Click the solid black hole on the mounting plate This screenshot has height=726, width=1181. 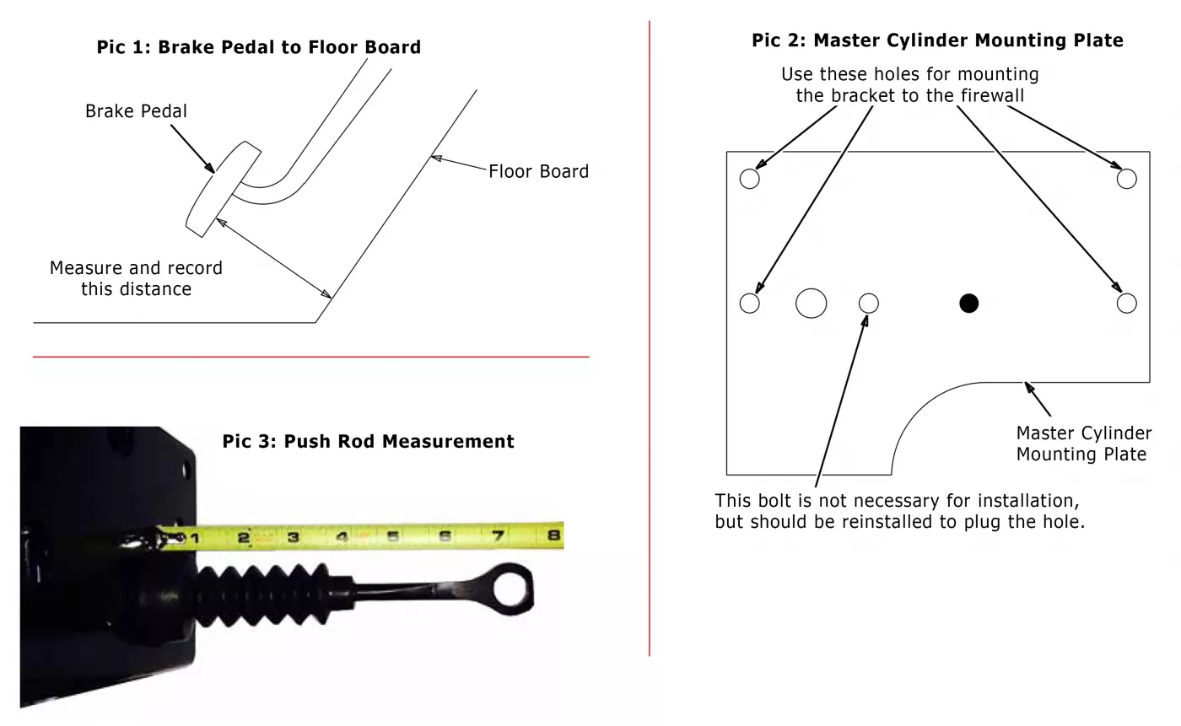click(x=968, y=303)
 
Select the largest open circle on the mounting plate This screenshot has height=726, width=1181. click(x=811, y=303)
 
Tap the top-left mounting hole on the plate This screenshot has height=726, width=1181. click(x=749, y=178)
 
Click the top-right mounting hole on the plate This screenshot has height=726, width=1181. click(x=1126, y=178)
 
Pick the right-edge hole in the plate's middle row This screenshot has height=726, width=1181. click(x=1126, y=303)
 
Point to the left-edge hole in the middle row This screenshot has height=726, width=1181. click(x=749, y=303)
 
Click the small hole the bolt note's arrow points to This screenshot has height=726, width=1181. click(x=868, y=303)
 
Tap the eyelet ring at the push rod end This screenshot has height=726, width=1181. click(x=513, y=587)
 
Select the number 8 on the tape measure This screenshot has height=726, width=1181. click(x=554, y=535)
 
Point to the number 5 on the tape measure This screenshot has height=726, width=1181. click(x=393, y=536)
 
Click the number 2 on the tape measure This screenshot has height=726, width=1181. click(x=243, y=537)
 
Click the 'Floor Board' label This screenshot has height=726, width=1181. click(x=538, y=171)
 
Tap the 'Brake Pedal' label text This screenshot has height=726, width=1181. click(x=136, y=110)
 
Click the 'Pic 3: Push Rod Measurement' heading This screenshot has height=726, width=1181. click(x=368, y=441)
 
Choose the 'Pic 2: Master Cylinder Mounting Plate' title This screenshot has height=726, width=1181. click(x=937, y=40)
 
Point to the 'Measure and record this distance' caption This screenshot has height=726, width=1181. click(x=136, y=278)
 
